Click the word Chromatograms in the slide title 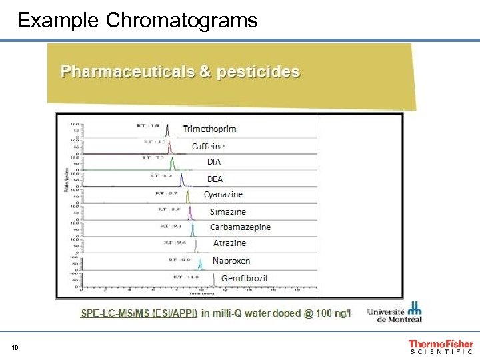tap(181, 21)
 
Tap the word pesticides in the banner tap(257, 71)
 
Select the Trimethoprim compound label tap(209, 129)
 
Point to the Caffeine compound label tap(208, 146)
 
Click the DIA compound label tap(213, 162)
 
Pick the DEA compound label tap(215, 179)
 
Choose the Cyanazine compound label tap(223, 195)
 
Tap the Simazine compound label tap(228, 212)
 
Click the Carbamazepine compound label tap(240, 227)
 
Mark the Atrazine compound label tap(229, 243)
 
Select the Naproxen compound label tap(231, 261)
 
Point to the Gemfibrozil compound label tap(244, 278)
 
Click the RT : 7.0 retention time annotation tap(148, 125)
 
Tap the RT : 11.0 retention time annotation tap(187, 276)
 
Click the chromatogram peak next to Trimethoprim tap(167, 131)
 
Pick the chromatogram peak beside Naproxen tap(199, 264)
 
